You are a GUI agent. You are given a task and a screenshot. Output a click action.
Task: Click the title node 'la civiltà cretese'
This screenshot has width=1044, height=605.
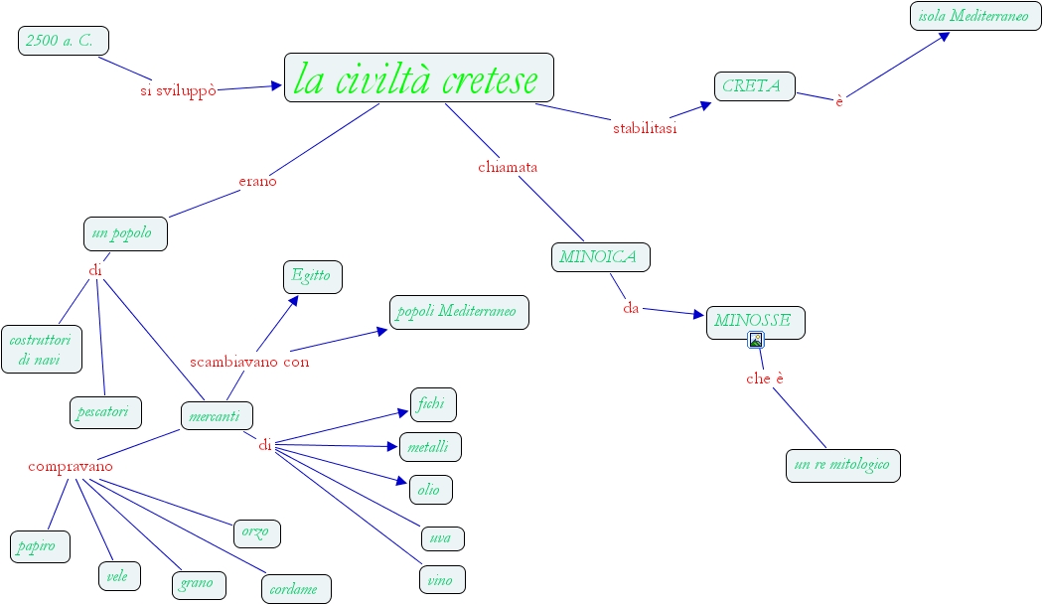[x=418, y=78]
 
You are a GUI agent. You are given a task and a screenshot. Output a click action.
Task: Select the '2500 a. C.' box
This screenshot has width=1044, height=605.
[x=63, y=41]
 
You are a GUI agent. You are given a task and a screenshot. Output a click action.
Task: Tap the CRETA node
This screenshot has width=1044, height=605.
[x=754, y=86]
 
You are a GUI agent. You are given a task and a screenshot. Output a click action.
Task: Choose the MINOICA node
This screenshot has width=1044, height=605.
[x=600, y=256]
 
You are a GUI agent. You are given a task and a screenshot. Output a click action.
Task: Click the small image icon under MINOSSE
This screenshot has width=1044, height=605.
[x=756, y=340]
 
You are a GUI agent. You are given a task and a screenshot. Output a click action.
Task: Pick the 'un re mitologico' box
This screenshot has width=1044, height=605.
[x=842, y=465]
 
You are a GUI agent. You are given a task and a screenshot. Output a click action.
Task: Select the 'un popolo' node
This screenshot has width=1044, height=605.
[x=124, y=234]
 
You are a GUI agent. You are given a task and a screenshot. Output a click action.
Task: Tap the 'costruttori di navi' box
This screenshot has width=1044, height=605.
[x=41, y=349]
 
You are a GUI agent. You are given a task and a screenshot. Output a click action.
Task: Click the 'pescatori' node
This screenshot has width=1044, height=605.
[x=105, y=411]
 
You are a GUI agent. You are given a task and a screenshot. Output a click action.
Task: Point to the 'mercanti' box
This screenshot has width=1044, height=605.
[x=216, y=416]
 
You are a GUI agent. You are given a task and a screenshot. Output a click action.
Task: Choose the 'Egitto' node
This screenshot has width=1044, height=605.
[x=311, y=276]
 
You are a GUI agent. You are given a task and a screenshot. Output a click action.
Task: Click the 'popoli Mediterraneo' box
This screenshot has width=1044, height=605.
[x=458, y=312]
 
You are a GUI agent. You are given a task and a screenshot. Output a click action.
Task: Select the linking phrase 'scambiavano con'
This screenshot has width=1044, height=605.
[x=249, y=362]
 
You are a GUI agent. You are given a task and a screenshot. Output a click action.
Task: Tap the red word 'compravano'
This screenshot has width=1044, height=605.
[x=71, y=466]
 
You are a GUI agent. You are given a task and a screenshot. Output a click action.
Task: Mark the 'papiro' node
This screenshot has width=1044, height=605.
[x=40, y=545]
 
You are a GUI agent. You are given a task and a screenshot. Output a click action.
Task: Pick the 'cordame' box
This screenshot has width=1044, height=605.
[x=295, y=588]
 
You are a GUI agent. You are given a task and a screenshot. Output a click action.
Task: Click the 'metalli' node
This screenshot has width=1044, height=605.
[x=429, y=447]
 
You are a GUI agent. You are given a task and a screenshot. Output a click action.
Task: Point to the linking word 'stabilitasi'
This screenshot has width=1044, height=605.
[x=645, y=127]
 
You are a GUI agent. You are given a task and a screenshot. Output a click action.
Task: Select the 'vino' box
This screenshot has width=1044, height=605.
[x=441, y=579]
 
